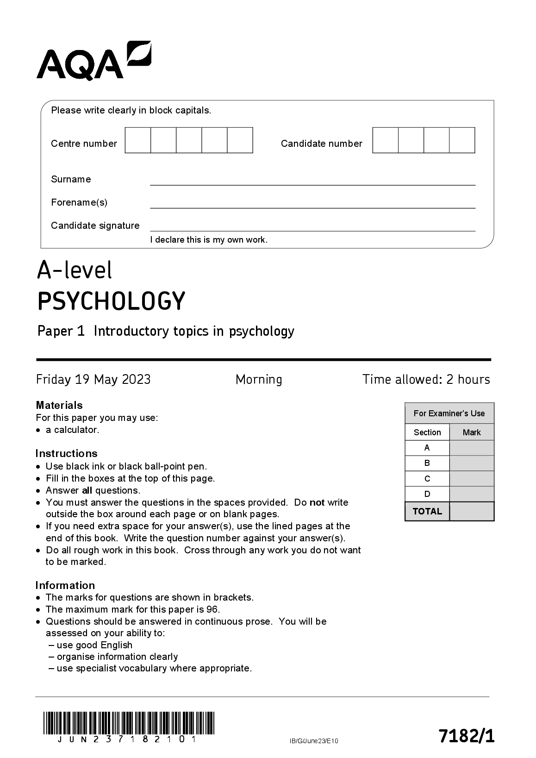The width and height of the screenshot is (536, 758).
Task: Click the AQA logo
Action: tap(93, 61)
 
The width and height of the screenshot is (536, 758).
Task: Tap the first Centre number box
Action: tap(138, 140)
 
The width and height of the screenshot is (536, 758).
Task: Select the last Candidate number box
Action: tap(462, 140)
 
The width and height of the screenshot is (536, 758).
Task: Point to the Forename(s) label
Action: tap(79, 202)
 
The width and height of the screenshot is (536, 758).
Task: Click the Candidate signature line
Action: tap(312, 226)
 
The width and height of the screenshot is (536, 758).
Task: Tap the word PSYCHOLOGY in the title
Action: tap(111, 301)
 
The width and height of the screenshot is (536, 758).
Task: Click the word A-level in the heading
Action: tap(75, 270)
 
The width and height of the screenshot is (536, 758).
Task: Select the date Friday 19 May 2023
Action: tap(93, 380)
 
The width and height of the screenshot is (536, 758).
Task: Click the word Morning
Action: tap(259, 380)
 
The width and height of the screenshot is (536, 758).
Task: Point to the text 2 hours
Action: tap(467, 380)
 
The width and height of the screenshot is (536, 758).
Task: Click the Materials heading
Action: tap(59, 405)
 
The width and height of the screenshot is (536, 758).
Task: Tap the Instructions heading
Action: tap(67, 453)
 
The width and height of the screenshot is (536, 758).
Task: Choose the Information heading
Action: tap(65, 585)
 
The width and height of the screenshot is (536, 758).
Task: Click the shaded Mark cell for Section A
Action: tap(472, 448)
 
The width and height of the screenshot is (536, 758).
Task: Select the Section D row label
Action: tap(427, 494)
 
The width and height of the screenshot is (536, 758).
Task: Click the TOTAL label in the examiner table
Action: tap(427, 512)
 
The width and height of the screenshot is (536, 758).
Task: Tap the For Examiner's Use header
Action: tap(449, 413)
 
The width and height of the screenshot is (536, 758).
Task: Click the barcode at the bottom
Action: tap(129, 723)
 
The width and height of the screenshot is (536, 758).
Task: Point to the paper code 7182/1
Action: tap(466, 736)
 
